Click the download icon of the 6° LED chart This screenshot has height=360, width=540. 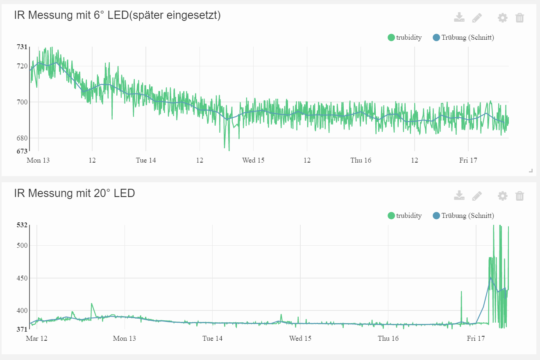[459, 17]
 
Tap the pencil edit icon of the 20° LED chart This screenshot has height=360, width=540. [477, 196]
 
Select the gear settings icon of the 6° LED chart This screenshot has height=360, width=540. [502, 18]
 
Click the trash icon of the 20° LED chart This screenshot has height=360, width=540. [520, 196]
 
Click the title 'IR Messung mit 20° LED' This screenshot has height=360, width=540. [74, 193]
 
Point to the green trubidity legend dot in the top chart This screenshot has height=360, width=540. [391, 38]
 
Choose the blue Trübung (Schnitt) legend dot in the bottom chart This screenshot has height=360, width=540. [436, 216]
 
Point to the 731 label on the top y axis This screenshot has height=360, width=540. [22, 47]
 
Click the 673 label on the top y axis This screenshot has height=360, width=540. [22, 151]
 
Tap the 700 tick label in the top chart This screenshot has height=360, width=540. [22, 102]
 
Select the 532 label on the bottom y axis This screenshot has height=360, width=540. [22, 225]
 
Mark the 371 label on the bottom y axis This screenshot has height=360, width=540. [22, 329]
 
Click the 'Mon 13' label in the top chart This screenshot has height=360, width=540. [38, 160]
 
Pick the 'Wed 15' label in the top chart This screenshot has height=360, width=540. [253, 160]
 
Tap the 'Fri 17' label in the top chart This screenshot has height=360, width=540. [468, 160]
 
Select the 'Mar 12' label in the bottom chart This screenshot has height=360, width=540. [36, 338]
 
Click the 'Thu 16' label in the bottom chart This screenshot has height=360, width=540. [388, 338]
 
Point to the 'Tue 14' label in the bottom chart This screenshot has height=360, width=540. [213, 338]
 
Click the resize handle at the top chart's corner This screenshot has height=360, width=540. [531, 170]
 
